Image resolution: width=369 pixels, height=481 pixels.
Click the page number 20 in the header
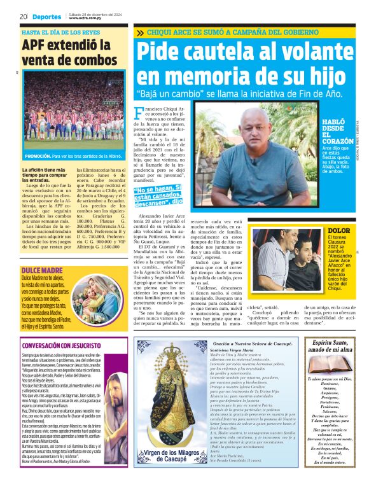click(x=24, y=17)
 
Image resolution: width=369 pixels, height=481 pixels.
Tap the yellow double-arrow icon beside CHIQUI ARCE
click(x=140, y=32)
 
